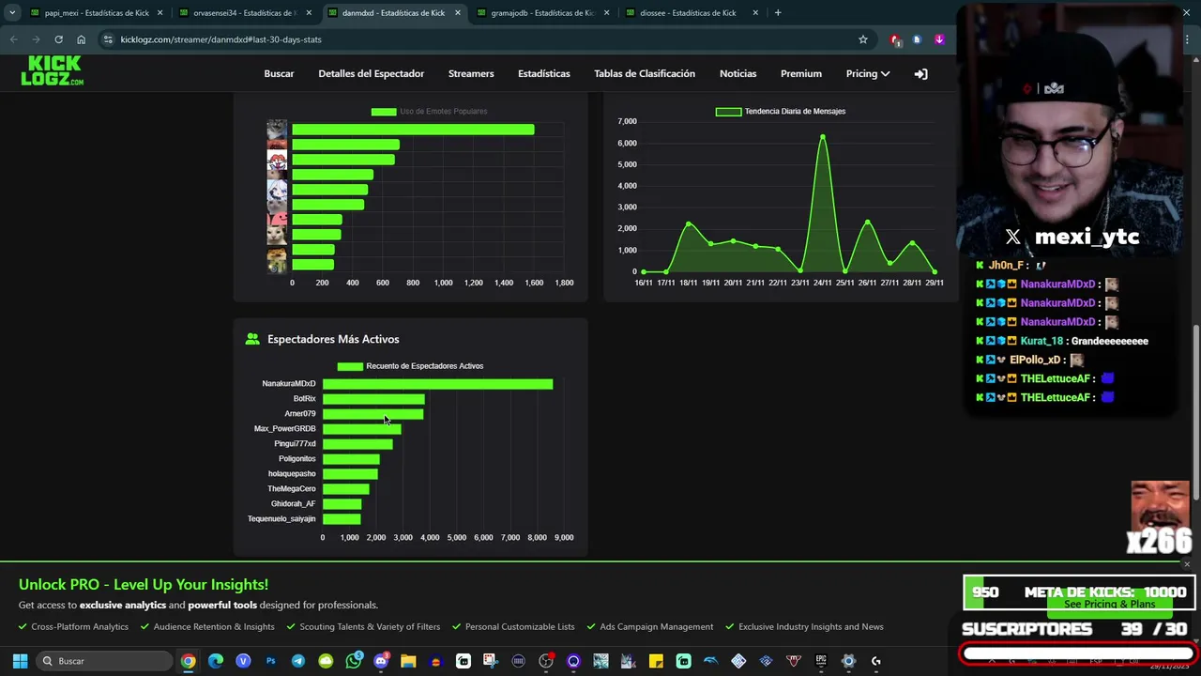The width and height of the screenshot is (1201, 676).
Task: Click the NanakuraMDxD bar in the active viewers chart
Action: point(437,384)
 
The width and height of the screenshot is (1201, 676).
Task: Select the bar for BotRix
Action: point(373,399)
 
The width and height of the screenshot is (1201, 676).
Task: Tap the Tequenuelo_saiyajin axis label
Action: point(281,519)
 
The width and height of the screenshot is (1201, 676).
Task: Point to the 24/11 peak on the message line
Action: point(823,137)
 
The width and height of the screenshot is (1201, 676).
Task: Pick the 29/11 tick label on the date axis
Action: point(935,283)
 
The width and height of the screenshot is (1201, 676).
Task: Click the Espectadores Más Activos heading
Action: point(333,339)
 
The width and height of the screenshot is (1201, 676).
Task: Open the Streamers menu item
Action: point(471,73)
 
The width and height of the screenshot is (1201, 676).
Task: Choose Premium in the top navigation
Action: point(800,73)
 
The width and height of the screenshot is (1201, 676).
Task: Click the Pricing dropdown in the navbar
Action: point(867,73)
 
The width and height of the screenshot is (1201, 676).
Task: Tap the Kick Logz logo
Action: point(52,71)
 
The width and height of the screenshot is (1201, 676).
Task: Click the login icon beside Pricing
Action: point(920,73)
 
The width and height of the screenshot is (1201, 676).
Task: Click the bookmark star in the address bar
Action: point(863,39)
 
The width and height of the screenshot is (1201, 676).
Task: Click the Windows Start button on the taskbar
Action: point(20,661)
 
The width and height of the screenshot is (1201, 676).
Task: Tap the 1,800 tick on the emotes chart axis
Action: point(564,283)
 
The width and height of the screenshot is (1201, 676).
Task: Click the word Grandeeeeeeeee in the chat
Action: point(1109,341)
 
